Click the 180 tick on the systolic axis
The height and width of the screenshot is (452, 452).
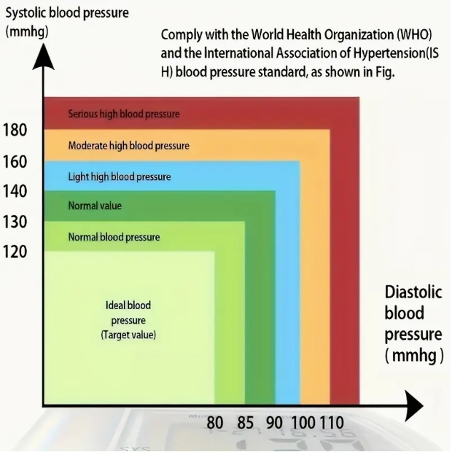click(15, 130)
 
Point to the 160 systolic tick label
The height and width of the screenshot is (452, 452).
click(15, 162)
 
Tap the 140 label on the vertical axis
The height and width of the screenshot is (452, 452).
click(15, 192)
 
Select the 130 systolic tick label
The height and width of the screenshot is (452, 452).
click(15, 222)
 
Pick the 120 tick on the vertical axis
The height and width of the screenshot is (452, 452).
click(15, 252)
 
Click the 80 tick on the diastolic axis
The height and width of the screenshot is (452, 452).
click(215, 423)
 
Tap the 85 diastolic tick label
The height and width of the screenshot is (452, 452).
click(245, 423)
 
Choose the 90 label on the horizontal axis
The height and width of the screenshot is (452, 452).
click(274, 423)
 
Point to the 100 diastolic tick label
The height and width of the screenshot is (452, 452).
click(303, 423)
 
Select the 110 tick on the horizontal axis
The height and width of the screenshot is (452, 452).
click(332, 423)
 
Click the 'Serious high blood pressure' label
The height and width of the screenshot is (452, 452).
click(124, 114)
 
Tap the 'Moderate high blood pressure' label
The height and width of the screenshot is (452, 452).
click(128, 146)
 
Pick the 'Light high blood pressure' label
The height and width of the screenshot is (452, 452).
click(120, 176)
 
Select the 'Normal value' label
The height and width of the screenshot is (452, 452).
click(95, 206)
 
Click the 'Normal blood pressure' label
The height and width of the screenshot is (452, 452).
click(114, 237)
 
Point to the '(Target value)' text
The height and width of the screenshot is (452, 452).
click(128, 335)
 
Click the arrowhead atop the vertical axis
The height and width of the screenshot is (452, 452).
click(43, 57)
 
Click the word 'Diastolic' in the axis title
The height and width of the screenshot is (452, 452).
click(413, 292)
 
